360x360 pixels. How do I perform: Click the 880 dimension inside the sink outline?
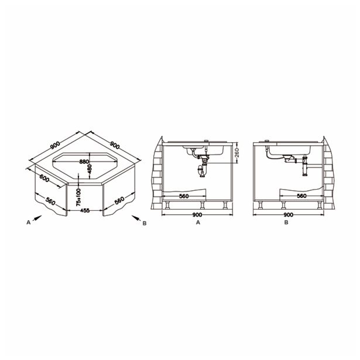pos(84,161)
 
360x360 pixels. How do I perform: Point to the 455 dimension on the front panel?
pos(85,210)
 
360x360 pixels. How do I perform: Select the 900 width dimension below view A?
pos(198,215)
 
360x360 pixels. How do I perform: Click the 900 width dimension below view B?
pos(288,215)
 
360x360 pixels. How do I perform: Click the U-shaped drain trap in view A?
pos(203,171)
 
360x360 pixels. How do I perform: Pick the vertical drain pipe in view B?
pos(304,169)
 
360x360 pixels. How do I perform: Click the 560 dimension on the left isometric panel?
pos(50,201)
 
